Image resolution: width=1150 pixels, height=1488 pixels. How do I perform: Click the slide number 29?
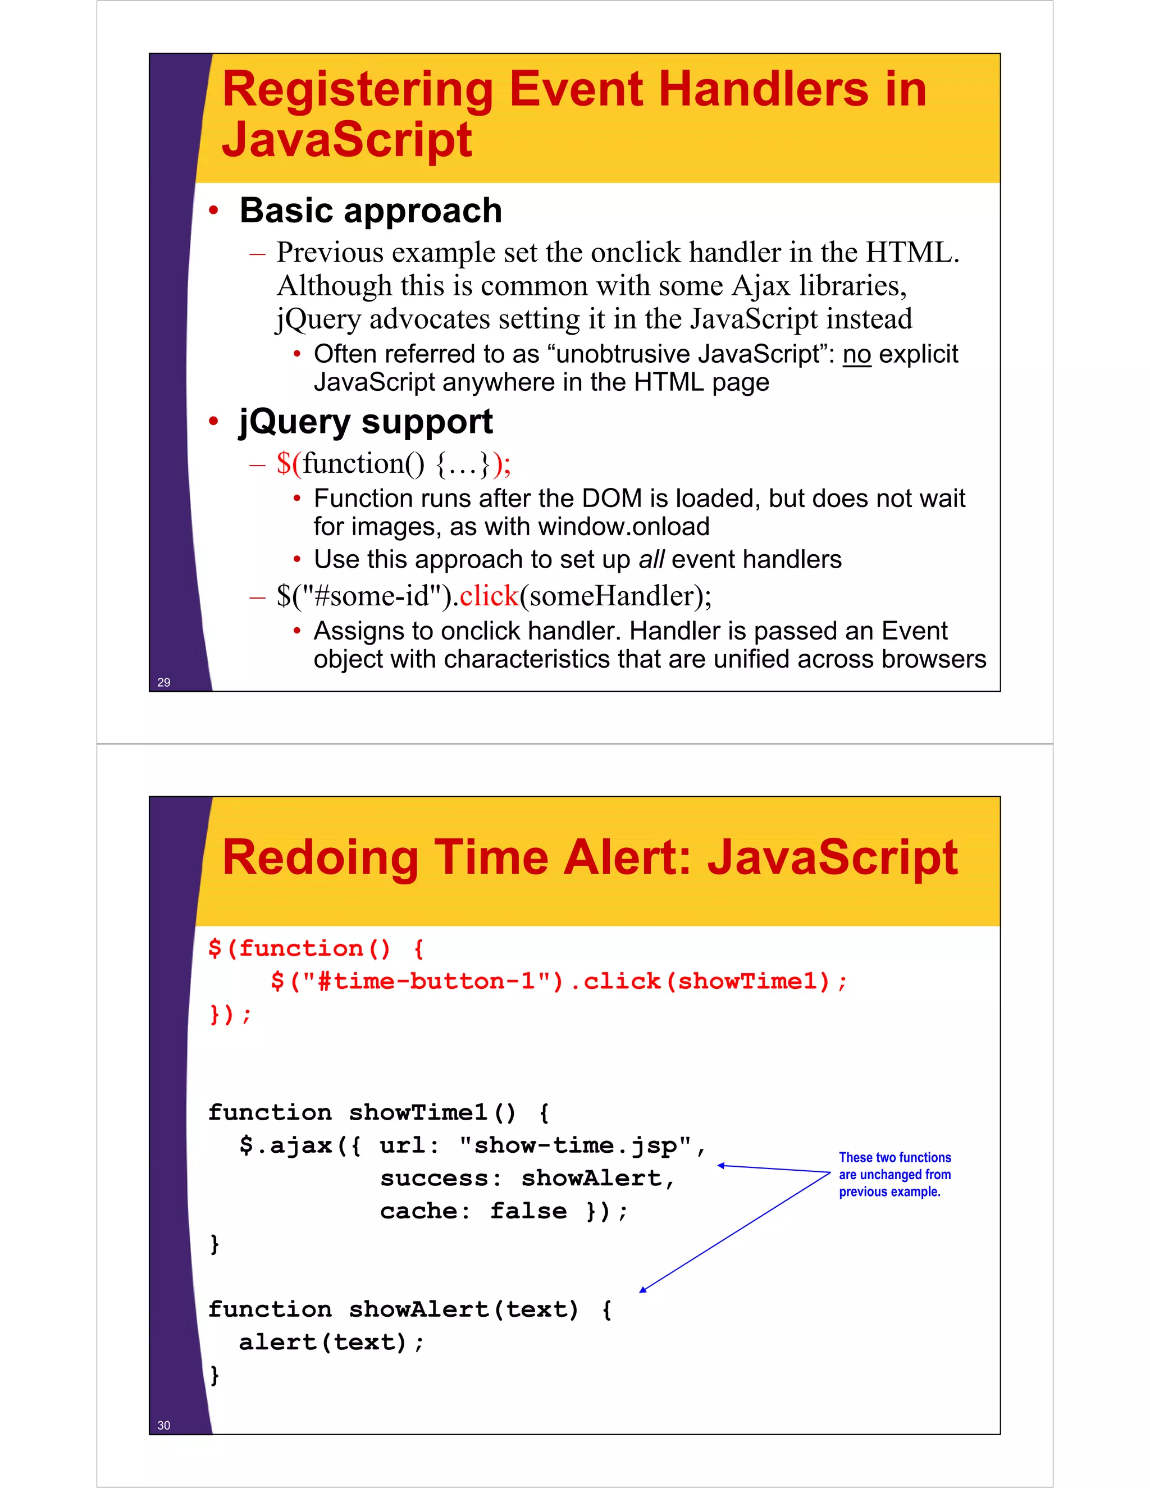[163, 682]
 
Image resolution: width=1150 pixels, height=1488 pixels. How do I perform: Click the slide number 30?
[163, 1425]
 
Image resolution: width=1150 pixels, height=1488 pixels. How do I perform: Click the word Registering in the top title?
[358, 90]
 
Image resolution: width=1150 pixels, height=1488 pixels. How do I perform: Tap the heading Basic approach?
[371, 211]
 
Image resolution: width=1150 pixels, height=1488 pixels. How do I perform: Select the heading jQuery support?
[365, 422]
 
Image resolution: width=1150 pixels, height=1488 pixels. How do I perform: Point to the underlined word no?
[856, 354]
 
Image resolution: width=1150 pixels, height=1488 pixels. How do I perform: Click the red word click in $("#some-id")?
[489, 596]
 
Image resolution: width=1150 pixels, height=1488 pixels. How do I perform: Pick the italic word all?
[651, 559]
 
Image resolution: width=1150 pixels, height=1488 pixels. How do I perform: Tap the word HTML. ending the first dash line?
[911, 253]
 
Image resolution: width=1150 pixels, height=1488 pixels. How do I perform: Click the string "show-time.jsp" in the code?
[575, 1145]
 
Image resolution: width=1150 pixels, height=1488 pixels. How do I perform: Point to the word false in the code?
[528, 1211]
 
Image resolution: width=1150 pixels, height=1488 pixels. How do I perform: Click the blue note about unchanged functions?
[895, 1174]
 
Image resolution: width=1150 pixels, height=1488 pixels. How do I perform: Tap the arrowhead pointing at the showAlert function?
[642, 1290]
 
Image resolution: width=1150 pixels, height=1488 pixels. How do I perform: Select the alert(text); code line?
[331, 1342]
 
